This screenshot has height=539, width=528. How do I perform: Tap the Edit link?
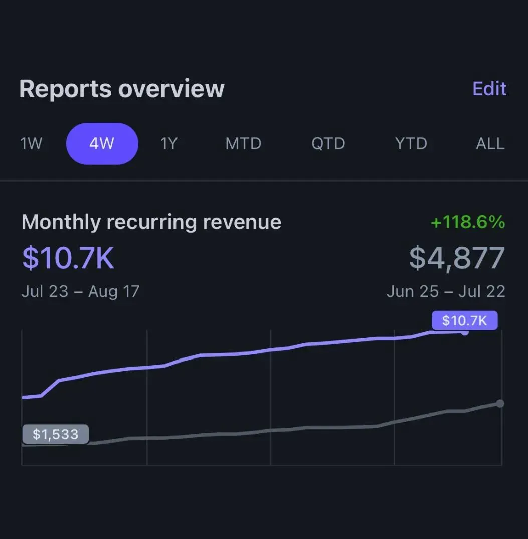(x=489, y=89)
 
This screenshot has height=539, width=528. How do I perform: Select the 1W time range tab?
(x=31, y=144)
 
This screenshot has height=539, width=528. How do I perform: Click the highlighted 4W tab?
(x=102, y=144)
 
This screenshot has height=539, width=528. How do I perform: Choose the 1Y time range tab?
(x=169, y=144)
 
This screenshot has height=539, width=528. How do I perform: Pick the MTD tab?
(x=243, y=144)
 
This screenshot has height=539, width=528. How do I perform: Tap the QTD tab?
(x=328, y=144)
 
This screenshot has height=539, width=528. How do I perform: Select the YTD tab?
(x=411, y=144)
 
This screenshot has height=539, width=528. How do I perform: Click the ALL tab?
(x=490, y=144)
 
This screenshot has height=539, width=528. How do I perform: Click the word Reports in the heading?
(x=65, y=89)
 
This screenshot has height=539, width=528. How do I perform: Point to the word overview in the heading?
(x=171, y=89)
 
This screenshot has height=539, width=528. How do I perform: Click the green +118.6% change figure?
(x=467, y=222)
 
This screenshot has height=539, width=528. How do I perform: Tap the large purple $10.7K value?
(x=68, y=258)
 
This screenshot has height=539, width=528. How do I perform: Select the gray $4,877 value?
(x=457, y=258)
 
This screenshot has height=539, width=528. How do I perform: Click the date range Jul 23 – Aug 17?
(x=80, y=291)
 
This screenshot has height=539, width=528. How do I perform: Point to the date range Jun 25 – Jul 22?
(x=446, y=291)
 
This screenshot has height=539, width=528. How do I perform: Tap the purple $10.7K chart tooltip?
(x=464, y=320)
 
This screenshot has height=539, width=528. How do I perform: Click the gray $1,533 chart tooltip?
(x=55, y=434)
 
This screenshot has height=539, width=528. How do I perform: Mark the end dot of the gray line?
(x=499, y=403)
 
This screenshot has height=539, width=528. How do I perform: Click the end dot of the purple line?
(x=465, y=332)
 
